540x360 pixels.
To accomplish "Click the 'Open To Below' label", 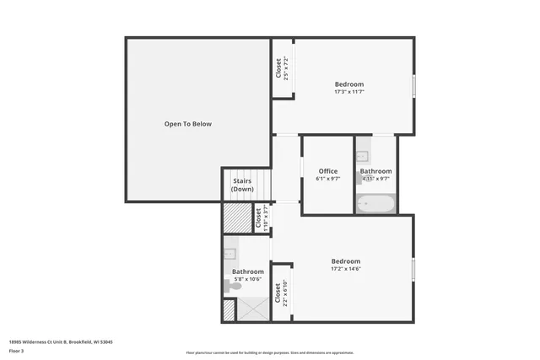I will (x=187, y=124).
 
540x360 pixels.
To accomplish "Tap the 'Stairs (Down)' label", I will (x=242, y=185).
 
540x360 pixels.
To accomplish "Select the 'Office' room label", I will (x=327, y=171).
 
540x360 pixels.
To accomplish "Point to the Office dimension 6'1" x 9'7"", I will (x=327, y=179).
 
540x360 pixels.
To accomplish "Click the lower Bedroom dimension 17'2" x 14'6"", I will (x=345, y=269).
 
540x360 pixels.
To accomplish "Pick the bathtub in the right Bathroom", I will (x=375, y=203).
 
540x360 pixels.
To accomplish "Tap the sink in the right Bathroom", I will (x=362, y=156).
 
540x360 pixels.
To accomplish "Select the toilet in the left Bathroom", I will (x=232, y=287).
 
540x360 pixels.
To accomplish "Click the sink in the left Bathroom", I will (x=229, y=252).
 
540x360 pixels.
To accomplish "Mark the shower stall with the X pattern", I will (x=251, y=309).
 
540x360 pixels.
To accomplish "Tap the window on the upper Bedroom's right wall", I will (x=413, y=86).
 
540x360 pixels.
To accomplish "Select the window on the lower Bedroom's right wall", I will (x=413, y=269).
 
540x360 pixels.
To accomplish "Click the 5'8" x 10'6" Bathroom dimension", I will (x=248, y=279).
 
